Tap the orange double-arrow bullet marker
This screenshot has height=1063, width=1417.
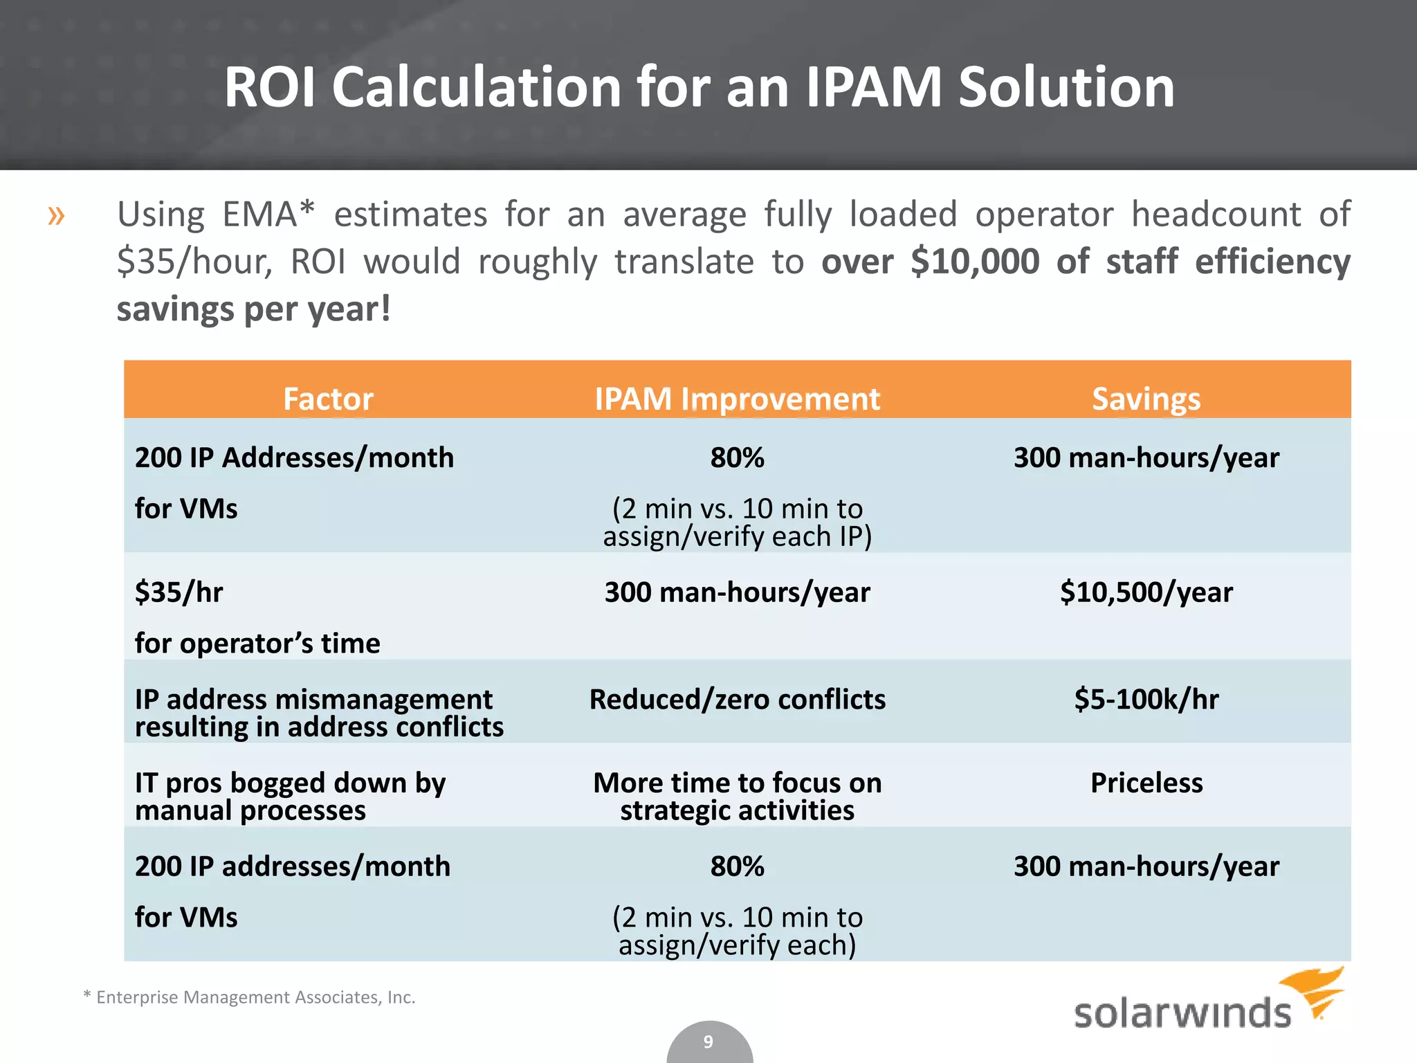(56, 216)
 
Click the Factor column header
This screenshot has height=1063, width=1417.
(328, 399)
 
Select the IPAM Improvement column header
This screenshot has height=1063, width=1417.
(737, 399)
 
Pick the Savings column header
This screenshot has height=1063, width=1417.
(1146, 399)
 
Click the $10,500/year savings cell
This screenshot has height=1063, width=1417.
(1146, 592)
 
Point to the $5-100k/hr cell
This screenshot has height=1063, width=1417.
(1146, 700)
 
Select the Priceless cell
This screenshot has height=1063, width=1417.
(1146, 783)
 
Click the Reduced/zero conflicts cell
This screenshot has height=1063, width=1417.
(737, 700)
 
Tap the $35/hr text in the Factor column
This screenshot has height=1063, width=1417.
(179, 592)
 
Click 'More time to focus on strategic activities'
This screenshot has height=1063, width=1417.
(737, 796)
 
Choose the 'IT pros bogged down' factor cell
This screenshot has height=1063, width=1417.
(291, 796)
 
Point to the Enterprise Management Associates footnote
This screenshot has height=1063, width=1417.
(249, 997)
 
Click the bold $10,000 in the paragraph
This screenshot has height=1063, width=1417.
(974, 262)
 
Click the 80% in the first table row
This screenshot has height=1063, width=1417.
(737, 458)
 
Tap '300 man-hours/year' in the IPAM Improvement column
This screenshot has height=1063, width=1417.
(737, 592)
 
